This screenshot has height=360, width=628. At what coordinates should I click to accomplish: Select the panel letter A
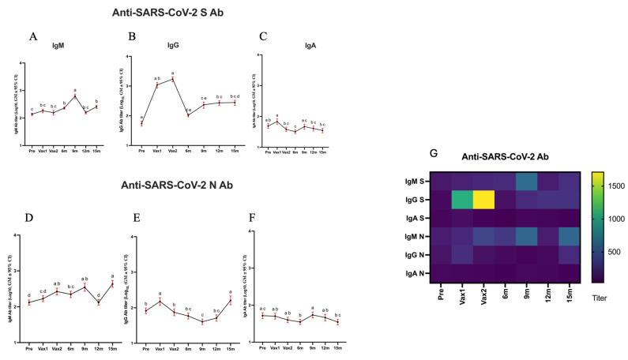[32, 36]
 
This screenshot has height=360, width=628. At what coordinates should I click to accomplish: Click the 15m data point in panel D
[96, 284]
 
